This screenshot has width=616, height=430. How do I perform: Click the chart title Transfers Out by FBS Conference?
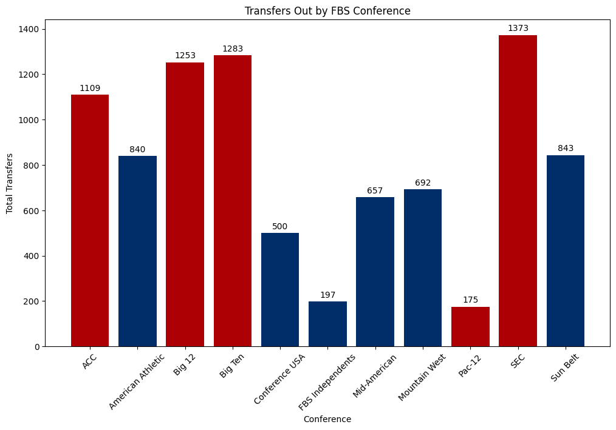click(327, 11)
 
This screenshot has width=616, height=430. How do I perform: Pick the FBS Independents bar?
click(327, 324)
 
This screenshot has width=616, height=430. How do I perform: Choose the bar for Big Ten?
click(233, 201)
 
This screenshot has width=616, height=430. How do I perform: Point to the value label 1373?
click(518, 28)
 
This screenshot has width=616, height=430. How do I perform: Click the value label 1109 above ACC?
click(90, 88)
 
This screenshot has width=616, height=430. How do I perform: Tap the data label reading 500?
click(280, 226)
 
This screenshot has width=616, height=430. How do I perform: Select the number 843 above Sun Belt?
click(565, 148)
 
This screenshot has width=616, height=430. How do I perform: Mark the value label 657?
click(375, 190)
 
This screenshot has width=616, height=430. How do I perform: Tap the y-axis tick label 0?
click(37, 346)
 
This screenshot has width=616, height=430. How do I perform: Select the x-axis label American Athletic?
click(134, 382)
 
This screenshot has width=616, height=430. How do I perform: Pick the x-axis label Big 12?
click(185, 364)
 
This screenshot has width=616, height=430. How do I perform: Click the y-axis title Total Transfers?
click(10, 183)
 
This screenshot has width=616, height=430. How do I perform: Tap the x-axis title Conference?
click(327, 419)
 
